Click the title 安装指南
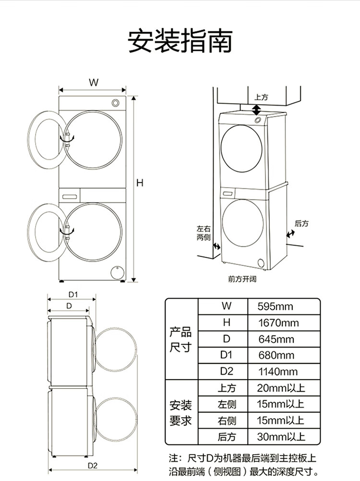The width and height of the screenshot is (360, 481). coord(180,41)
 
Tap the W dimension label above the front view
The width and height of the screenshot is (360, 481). coord(94,83)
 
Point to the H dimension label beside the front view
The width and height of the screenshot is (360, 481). coord(140,183)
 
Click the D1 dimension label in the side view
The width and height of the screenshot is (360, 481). coord(73,295)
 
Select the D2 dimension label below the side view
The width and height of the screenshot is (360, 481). coord(92,466)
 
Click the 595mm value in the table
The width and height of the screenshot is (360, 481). coord(275,306)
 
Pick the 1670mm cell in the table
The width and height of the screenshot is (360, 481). coord(278,323)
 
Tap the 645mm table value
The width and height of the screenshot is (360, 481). coord(276,339)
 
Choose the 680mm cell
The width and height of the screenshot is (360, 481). coord(276,356)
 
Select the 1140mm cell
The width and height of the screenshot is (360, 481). coord(278,372)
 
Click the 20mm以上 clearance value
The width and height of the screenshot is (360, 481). coord(281,388)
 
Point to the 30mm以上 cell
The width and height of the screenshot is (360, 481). coord(281,436)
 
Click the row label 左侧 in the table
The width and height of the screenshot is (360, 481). coord(227,404)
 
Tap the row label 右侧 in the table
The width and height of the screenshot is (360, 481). coord(227,421)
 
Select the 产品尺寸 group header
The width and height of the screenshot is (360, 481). coord(180,339)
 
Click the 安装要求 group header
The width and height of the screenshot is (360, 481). coord(180,413)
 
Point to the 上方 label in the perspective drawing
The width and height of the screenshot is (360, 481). coord(261,97)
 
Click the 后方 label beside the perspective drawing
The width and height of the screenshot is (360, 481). coord(301,224)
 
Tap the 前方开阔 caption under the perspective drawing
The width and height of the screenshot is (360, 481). coord(242,279)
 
